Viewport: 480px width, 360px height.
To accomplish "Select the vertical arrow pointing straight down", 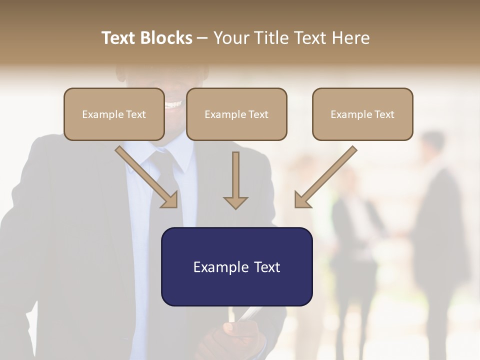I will pos(235,180).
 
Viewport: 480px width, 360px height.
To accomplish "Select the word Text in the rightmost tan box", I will pos(384,114).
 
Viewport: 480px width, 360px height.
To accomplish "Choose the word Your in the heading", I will pos(231,38).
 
